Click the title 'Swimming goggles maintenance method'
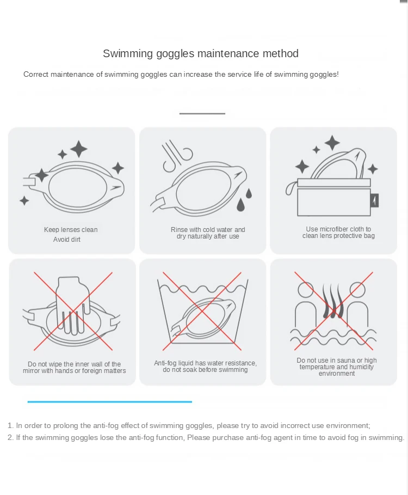coord(201,53)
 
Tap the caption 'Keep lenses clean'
coord(71,230)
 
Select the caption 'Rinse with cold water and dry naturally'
coord(208,233)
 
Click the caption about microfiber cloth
coord(338,233)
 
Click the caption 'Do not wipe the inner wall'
coord(75,368)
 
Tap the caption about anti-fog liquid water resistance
coord(205,366)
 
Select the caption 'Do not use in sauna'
coord(337,367)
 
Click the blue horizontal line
coord(110,402)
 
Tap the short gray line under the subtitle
coord(202,114)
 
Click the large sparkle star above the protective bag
coord(332,143)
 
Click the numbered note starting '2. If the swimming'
coord(206,438)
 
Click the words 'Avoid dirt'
coord(67,240)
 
